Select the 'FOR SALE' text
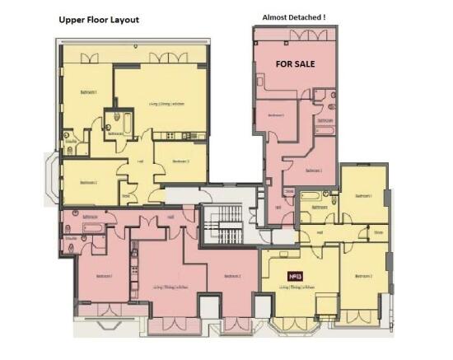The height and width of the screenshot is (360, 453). click(296, 63)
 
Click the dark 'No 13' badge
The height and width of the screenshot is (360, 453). click(292, 277)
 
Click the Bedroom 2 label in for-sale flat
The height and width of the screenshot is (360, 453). click(313, 171)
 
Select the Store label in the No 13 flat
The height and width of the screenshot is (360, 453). click(378, 232)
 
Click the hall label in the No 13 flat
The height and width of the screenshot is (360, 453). click(320, 232)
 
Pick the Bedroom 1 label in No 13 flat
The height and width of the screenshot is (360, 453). click(363, 196)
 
